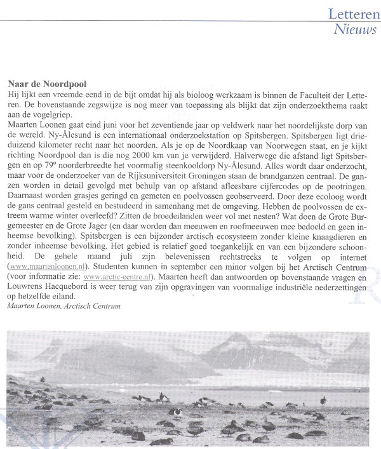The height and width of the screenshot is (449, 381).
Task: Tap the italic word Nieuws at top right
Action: (x=356, y=29)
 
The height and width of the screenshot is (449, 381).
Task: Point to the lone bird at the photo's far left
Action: (x=43, y=380)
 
